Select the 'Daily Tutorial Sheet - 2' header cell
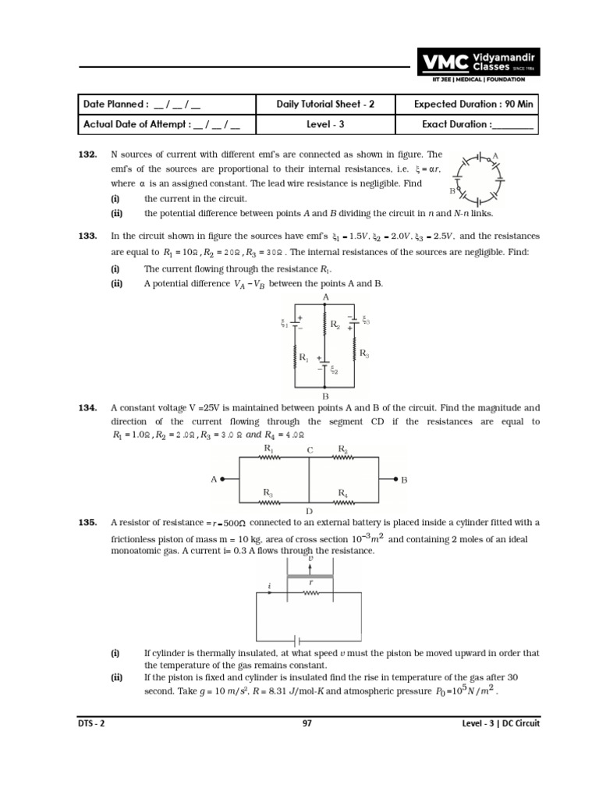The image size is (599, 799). pyautogui.click(x=325, y=105)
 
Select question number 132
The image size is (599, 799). pyautogui.click(x=87, y=155)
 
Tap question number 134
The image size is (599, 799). pyautogui.click(x=87, y=408)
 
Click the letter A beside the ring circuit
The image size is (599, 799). pyautogui.click(x=495, y=156)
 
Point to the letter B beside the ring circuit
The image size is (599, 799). pyautogui.click(x=452, y=190)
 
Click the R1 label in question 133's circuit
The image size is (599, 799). pyautogui.click(x=303, y=358)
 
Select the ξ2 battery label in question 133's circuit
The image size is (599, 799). pyautogui.click(x=333, y=371)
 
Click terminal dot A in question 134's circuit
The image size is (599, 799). pyautogui.click(x=224, y=480)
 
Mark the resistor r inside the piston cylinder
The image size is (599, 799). pyautogui.click(x=311, y=593)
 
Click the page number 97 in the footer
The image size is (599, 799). pyautogui.click(x=307, y=723)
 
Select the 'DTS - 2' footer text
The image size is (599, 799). pyautogui.click(x=90, y=723)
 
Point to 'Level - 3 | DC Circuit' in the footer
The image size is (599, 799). pyautogui.click(x=500, y=723)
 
